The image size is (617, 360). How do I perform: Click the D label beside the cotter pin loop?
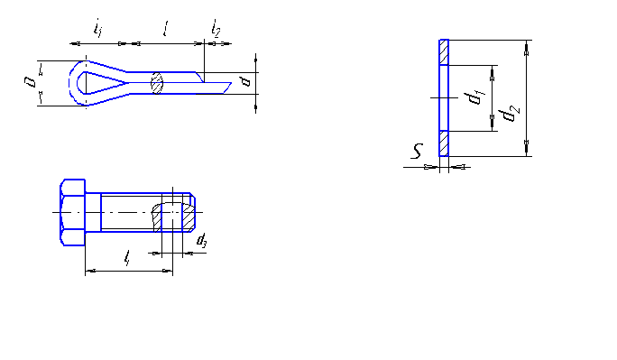coord(30,82)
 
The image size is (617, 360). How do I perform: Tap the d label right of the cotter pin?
coord(246,81)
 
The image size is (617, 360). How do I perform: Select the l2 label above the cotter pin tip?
coord(216,28)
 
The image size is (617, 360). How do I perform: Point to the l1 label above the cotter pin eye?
coord(98,28)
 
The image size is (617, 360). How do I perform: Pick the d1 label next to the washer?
coord(474,97)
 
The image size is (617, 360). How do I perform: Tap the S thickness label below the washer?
coord(417,151)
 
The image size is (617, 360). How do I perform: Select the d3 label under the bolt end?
coord(201,240)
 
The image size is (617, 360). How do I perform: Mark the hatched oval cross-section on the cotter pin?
coord(157,83)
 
